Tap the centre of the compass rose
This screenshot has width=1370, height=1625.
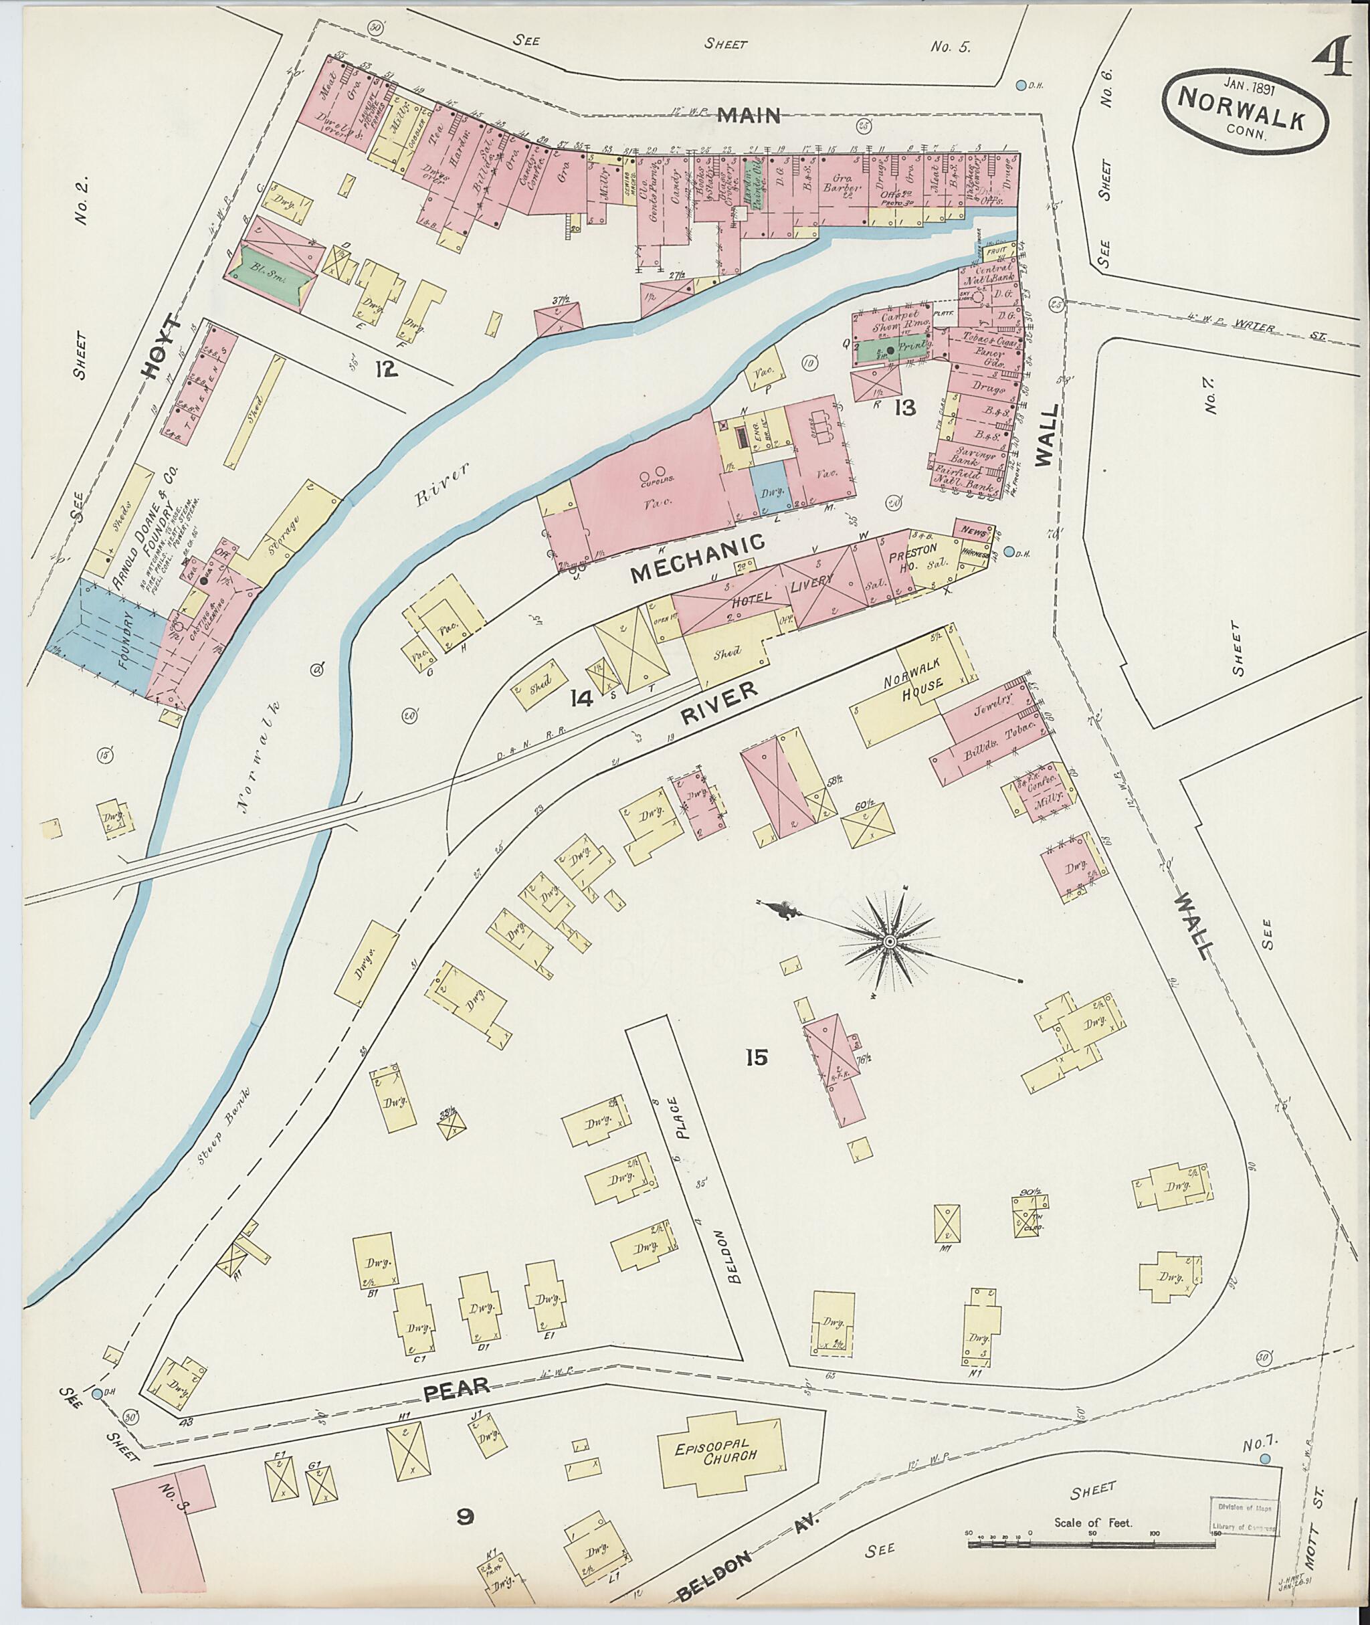tap(888, 942)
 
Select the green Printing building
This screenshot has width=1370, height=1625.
tap(892, 351)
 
